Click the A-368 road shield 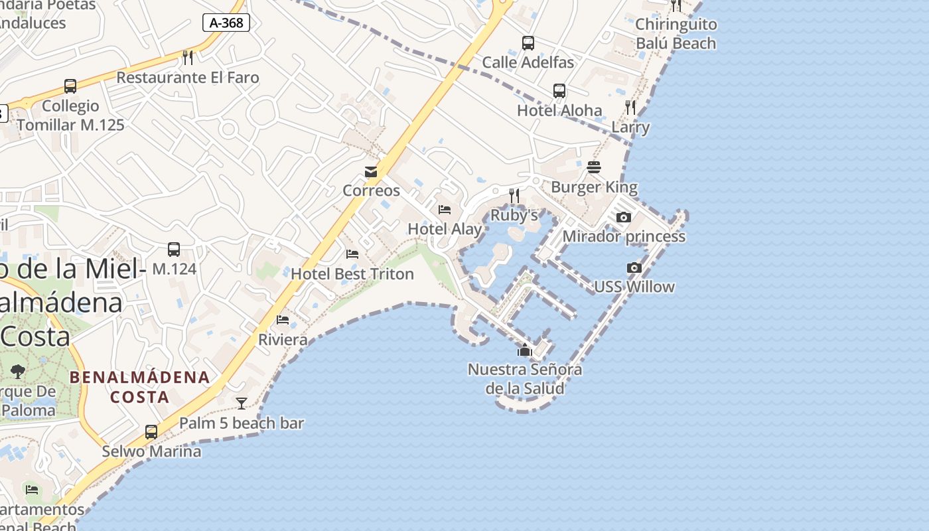(x=226, y=23)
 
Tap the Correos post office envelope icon (x=371, y=172)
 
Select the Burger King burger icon (x=594, y=167)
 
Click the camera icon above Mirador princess (x=623, y=217)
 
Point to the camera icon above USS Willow (x=634, y=267)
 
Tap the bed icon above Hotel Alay (x=445, y=210)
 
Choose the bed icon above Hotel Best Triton (x=352, y=254)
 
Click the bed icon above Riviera (x=283, y=320)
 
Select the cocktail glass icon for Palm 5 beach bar (x=242, y=403)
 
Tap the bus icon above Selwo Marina (x=151, y=431)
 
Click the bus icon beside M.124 (x=174, y=250)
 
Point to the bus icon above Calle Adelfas (x=528, y=43)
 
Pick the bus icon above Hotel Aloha (x=559, y=91)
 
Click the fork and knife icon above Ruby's (x=514, y=195)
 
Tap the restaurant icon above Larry (x=630, y=107)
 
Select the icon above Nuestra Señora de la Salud (x=525, y=350)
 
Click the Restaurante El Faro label (x=188, y=78)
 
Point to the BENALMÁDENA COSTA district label (x=140, y=387)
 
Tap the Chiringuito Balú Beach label (x=676, y=34)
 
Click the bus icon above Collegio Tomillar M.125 (x=70, y=86)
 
